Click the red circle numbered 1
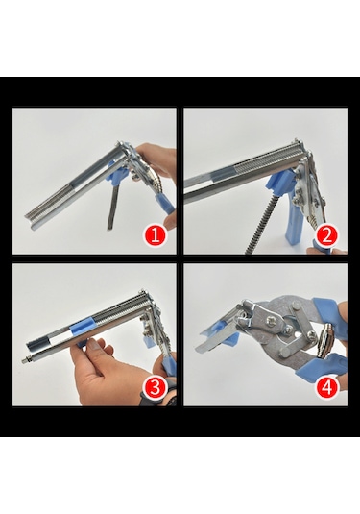pyautogui.click(x=156, y=235)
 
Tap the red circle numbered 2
pyautogui.click(x=327, y=235)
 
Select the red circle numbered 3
pyautogui.click(x=156, y=387)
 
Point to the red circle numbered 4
pyautogui.click(x=326, y=387)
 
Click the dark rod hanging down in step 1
pyautogui.click(x=113, y=207)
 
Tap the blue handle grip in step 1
pyautogui.click(x=165, y=204)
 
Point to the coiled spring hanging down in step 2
pyautogui.click(x=262, y=226)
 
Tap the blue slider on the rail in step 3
pyautogui.click(x=80, y=328)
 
